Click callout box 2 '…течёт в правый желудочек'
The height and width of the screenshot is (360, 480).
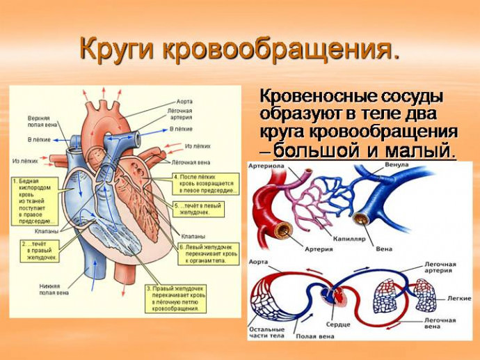40,251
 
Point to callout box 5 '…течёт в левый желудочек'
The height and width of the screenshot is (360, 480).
206,209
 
